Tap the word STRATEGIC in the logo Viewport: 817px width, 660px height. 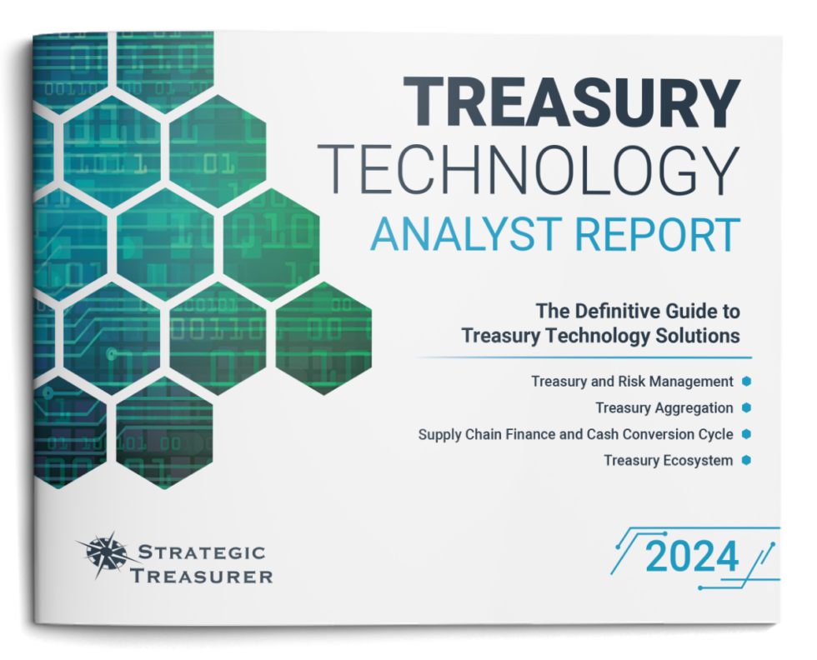pos(201,552)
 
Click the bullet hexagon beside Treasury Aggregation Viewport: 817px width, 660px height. pos(747,407)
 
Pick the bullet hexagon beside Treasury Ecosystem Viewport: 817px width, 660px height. pos(747,459)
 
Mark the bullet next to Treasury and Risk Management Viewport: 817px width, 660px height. pos(747,381)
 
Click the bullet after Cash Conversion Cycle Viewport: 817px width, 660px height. pos(747,433)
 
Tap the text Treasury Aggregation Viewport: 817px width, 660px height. pos(664,408)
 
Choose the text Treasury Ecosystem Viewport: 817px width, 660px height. pos(669,460)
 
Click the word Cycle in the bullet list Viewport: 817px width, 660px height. pos(715,434)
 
